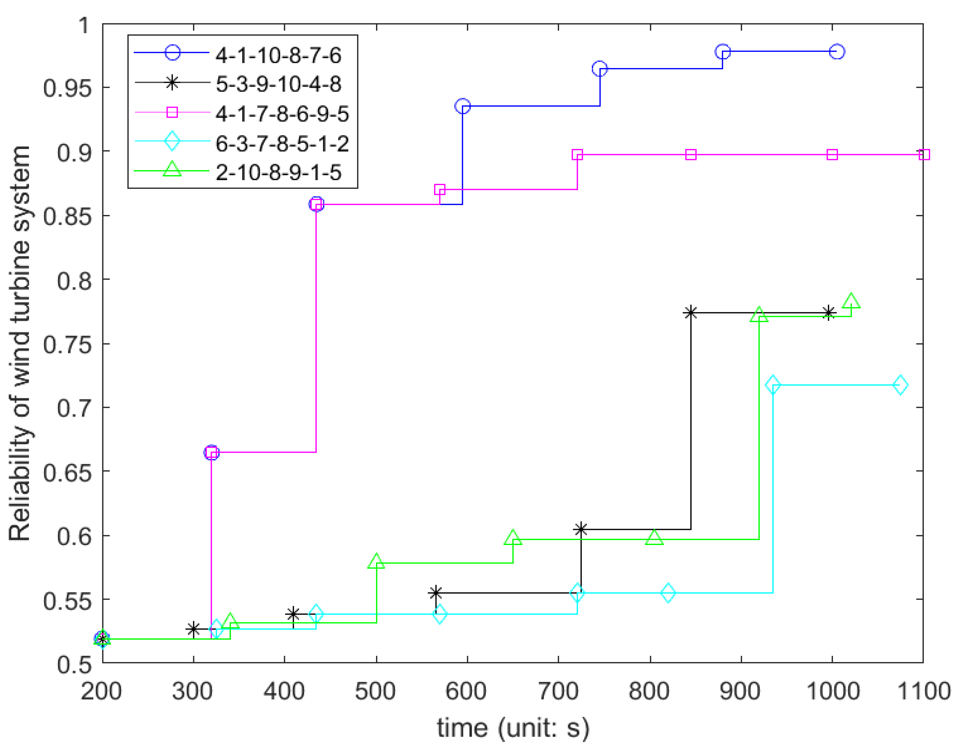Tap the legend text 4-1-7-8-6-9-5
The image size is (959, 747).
coord(282,114)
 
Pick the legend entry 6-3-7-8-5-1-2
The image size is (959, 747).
coord(282,143)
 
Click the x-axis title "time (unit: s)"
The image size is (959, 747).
coord(513,728)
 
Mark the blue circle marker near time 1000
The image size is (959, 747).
coord(837,52)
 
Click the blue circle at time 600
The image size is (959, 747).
coord(462,106)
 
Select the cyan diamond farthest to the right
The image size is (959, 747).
coord(900,385)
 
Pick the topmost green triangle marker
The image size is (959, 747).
coord(851,301)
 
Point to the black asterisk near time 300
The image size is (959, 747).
coord(193,629)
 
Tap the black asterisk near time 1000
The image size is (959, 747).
coord(828,313)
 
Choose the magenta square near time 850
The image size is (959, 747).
coord(691,154)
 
